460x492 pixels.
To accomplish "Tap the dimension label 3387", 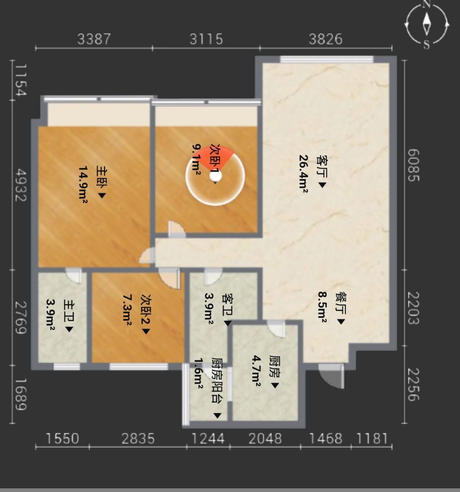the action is coord(94,39).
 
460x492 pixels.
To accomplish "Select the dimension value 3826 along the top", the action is coord(325,39).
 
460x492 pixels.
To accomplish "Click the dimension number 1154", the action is coord(21,80).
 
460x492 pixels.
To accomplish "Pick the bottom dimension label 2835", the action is coord(138,439).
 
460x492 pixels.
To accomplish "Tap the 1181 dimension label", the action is coord(372,439).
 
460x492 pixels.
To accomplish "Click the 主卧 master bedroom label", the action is coord(102,177).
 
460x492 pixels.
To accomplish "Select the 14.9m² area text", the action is coord(83,185).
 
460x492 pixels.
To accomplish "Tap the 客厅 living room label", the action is coord(322,165).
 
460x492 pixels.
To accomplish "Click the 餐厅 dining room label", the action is coord(340,303).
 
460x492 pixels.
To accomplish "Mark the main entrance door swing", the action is coord(331,376).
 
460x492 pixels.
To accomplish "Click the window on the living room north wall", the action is coord(327,59).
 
